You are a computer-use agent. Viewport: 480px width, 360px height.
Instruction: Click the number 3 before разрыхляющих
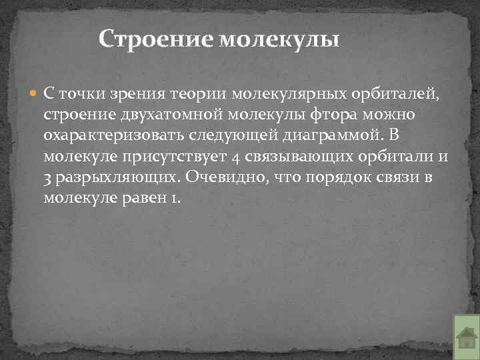pos(48,178)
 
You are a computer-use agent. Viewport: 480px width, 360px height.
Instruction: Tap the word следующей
pos(233,135)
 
